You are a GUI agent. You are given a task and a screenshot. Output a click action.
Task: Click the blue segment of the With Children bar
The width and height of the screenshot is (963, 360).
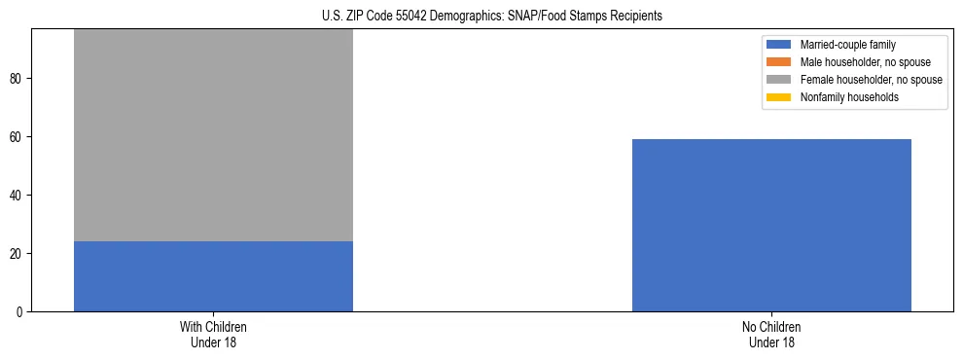coord(213,276)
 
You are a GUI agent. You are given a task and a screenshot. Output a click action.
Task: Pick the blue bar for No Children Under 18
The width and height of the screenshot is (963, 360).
coord(771,225)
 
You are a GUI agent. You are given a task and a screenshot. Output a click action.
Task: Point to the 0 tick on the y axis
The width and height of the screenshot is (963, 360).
coord(20,312)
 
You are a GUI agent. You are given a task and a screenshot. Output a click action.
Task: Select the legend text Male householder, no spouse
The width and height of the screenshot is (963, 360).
coord(856,62)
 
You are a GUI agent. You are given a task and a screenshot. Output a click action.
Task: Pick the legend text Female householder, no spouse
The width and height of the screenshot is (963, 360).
coord(871,80)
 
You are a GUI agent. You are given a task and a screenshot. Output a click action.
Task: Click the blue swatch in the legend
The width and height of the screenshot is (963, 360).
coord(779,45)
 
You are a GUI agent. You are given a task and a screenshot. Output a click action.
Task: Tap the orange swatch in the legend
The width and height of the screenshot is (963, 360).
coord(779,62)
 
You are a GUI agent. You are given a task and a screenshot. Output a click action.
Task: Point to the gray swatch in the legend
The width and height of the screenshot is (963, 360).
coord(779,80)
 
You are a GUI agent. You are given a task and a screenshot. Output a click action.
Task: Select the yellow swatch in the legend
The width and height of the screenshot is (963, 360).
coord(779,97)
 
